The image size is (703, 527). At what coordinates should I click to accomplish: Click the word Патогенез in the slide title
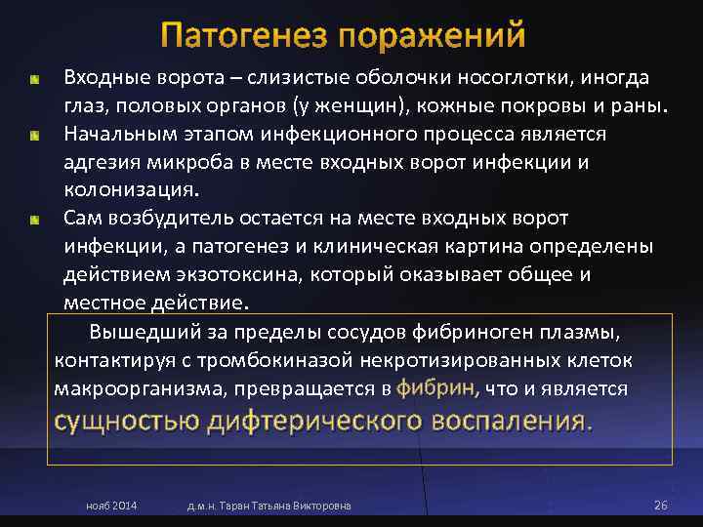click(244, 35)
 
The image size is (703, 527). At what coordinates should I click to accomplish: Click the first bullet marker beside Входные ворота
click(34, 77)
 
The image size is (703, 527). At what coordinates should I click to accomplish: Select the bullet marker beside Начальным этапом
click(34, 134)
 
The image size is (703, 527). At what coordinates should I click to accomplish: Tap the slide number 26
click(659, 506)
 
